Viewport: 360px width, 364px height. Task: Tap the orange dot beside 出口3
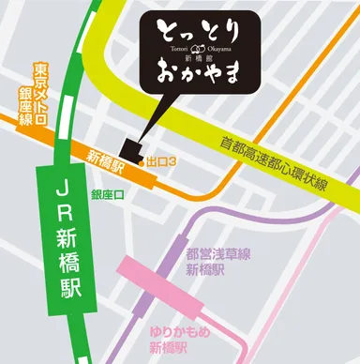click(x=142, y=161)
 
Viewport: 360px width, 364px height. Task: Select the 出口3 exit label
click(x=162, y=161)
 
